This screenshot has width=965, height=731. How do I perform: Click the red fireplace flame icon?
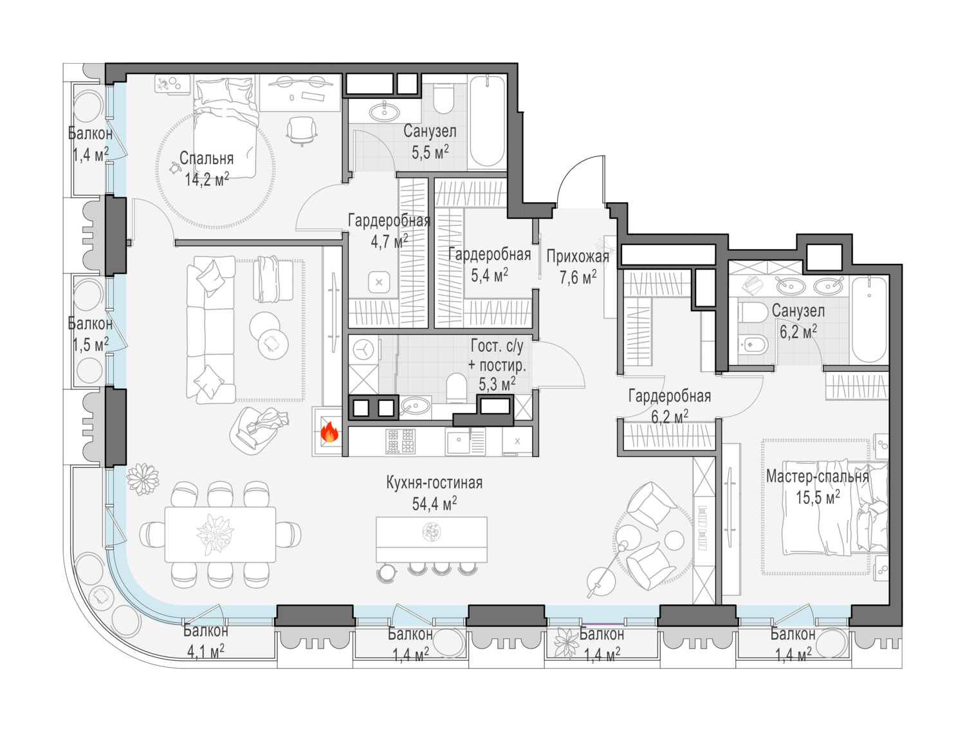point(329,432)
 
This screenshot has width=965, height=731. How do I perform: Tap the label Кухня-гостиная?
point(434,483)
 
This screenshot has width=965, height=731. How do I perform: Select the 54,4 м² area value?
point(434,504)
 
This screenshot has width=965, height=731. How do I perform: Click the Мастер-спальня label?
point(817,476)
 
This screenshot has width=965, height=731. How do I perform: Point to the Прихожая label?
point(578,257)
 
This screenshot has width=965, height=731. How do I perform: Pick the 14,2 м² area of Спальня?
point(207,179)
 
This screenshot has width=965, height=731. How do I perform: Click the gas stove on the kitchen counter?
point(400,441)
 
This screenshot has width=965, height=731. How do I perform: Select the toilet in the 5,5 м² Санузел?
point(443,98)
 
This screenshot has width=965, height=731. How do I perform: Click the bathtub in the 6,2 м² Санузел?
point(869,320)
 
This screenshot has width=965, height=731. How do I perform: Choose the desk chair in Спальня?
point(302,131)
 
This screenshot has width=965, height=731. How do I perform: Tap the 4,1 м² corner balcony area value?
point(206,652)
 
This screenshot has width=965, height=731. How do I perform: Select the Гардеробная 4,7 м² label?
point(389,231)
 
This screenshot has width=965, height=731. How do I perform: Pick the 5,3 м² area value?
point(497,385)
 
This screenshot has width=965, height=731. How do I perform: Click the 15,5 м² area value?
point(818,497)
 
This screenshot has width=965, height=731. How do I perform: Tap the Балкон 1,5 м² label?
point(90,334)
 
